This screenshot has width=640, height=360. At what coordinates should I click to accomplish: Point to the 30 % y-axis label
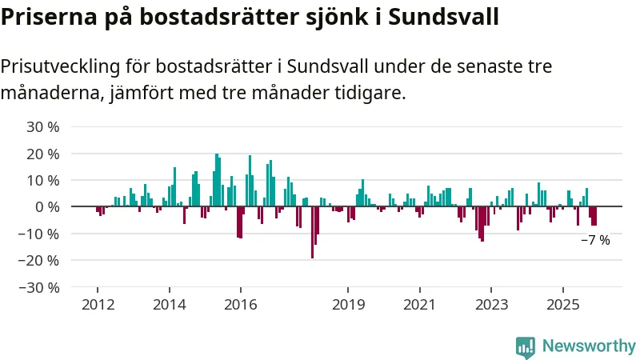coord(43,126)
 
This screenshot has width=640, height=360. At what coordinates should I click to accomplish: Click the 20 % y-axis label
coord(43,154)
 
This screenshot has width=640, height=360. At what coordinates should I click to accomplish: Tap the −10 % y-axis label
coord(39,234)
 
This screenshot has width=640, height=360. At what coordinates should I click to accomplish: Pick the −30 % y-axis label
coord(39,287)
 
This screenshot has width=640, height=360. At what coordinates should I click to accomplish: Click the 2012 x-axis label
coord(98,304)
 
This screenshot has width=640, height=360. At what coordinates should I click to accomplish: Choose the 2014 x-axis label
coord(169,304)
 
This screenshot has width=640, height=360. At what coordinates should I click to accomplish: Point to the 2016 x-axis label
coord(240,304)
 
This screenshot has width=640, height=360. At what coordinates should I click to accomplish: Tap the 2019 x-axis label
coord(348,304)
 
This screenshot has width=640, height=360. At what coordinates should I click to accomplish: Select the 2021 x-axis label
coord(419,304)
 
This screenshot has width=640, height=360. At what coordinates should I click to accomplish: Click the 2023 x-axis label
coord(491,304)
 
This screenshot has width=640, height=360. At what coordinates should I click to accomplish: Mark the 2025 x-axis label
coord(562,304)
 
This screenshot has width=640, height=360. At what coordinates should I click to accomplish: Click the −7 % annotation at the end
coord(595,240)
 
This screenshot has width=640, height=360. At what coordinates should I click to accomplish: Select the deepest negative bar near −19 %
coord(312,232)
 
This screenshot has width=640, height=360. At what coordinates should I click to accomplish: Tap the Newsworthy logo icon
coord(526,346)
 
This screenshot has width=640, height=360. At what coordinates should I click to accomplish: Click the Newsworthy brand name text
coord(589,346)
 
